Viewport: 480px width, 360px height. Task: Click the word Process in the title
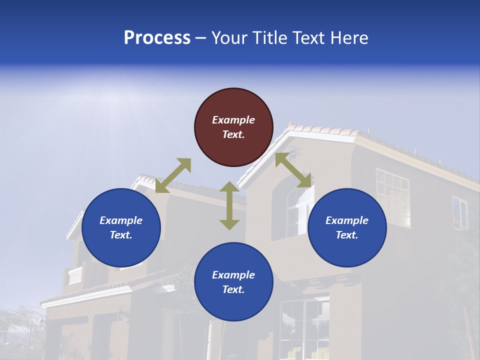157,38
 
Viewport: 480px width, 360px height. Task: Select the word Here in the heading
348,38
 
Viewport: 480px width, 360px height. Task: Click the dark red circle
233,127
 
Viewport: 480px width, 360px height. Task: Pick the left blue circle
121,227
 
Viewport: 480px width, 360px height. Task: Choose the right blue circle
347,227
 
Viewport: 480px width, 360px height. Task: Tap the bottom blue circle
233,282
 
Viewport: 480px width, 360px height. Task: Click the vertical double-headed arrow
229,205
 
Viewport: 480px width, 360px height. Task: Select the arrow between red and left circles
173,175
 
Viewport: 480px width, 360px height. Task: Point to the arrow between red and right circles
293,170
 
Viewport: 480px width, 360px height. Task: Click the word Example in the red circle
233,120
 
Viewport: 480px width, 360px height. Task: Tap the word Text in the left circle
121,235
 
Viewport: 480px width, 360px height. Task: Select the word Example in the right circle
347,220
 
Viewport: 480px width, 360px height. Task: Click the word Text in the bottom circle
233,289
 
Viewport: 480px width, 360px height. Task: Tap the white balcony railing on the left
75,275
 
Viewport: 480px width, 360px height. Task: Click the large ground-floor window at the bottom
304,327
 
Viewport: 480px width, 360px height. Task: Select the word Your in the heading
229,38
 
